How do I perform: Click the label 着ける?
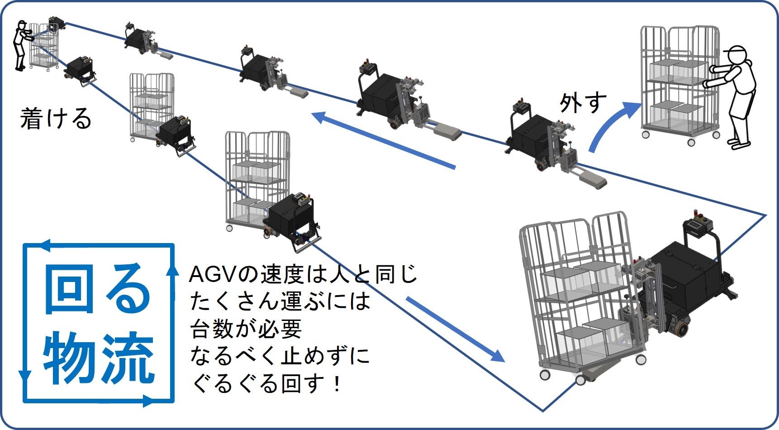pyautogui.click(x=56, y=119)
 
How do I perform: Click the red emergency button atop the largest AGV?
pyautogui.click(x=692, y=214)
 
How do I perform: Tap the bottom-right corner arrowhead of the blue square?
pyautogui.click(x=149, y=401)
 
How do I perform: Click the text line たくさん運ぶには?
pyautogui.click(x=280, y=301)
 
